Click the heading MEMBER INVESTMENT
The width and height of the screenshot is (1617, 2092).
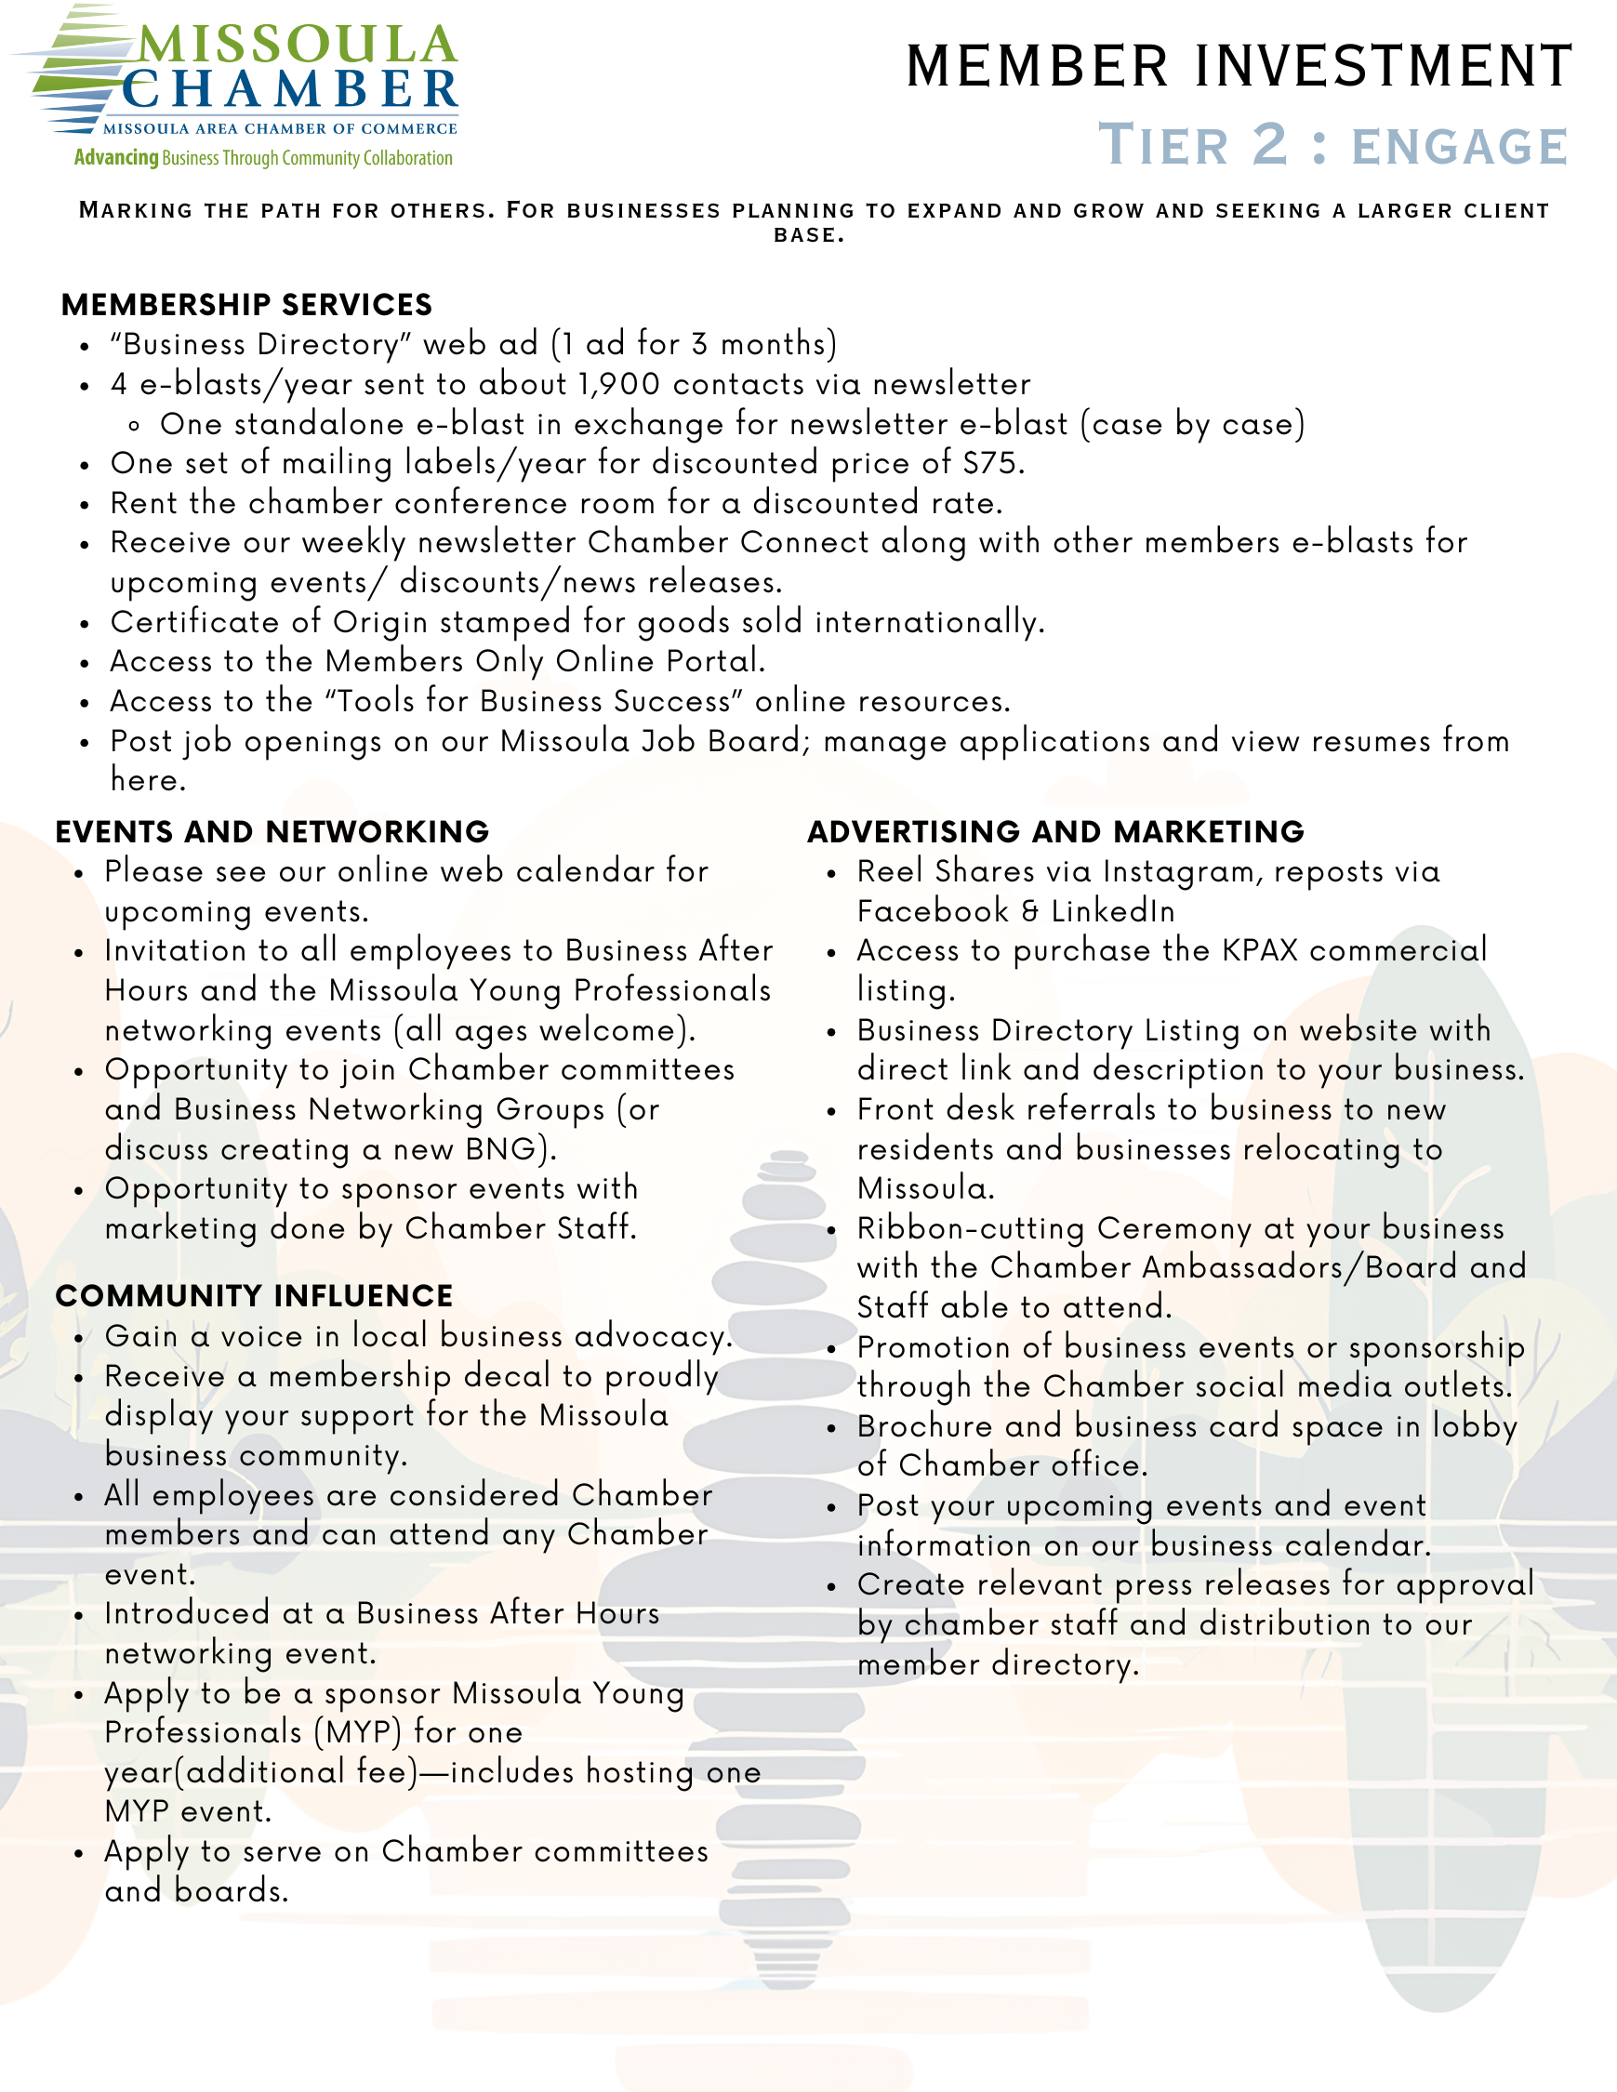pos(1239,66)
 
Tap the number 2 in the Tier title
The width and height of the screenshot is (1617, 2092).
pos(1270,145)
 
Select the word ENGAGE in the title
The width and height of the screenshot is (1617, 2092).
pos(1459,148)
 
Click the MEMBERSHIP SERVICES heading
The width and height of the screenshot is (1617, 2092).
pos(246,305)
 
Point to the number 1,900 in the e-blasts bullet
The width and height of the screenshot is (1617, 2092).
pos(619,384)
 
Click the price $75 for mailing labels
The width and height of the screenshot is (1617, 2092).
pos(989,464)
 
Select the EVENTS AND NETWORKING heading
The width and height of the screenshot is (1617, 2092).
pos(272,831)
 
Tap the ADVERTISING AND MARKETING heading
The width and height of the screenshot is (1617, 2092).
pos(1055,831)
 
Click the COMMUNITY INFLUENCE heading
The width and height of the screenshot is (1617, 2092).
pos(254,1295)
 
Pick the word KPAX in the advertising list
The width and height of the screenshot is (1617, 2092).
pos(1259,950)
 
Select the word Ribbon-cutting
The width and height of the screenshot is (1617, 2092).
pos(972,1228)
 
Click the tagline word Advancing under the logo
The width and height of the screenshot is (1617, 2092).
pos(116,158)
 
